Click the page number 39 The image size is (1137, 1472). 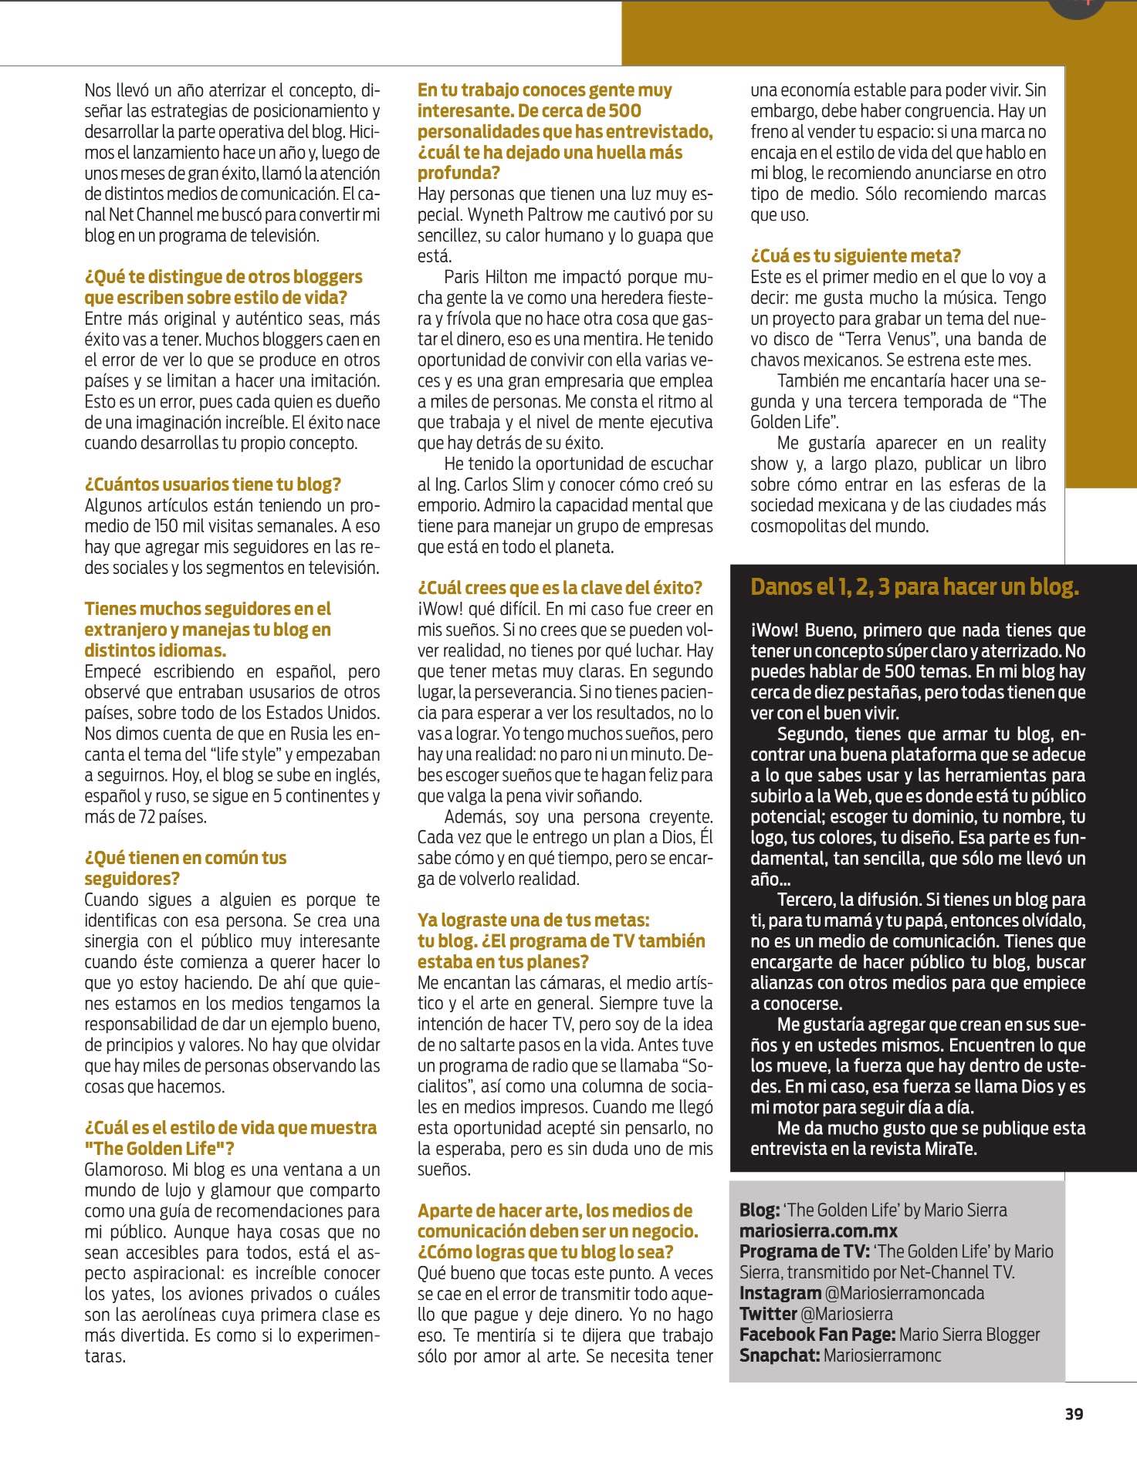(x=1074, y=1413)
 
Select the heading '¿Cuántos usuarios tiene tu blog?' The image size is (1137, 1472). (x=213, y=484)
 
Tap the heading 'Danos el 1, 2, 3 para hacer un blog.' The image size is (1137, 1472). (x=915, y=587)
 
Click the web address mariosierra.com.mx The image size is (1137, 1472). (x=818, y=1231)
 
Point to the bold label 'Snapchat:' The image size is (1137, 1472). (x=779, y=1356)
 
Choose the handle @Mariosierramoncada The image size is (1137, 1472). (x=904, y=1293)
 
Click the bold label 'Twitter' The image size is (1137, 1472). (x=767, y=1314)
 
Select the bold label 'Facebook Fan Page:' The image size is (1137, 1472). (x=817, y=1335)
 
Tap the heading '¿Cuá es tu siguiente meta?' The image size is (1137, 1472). (x=855, y=256)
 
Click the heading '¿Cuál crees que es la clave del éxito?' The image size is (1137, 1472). (x=560, y=588)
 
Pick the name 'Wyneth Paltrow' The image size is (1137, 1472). (x=524, y=214)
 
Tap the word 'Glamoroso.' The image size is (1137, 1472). (x=124, y=1170)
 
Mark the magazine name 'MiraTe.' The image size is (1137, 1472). (x=950, y=1149)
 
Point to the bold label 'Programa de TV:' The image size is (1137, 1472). (x=803, y=1251)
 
